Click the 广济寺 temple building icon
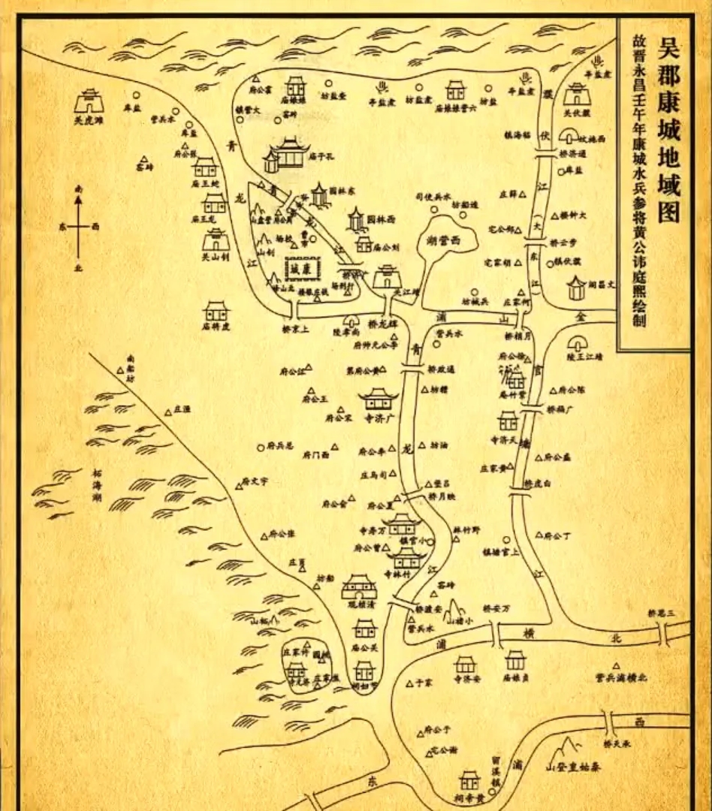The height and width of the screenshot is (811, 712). click(x=378, y=398)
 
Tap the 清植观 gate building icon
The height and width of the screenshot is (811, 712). click(x=358, y=586)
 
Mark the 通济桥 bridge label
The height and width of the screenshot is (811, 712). click(x=573, y=153)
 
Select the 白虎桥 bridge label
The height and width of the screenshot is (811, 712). click(x=538, y=483)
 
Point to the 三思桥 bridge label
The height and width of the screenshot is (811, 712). click(x=663, y=614)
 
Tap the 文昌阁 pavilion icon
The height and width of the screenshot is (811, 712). click(x=576, y=287)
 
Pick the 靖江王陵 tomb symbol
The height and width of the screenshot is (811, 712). click(x=577, y=344)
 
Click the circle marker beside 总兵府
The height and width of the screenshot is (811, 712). click(x=260, y=447)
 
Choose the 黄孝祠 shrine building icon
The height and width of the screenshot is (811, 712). click(x=469, y=779)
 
